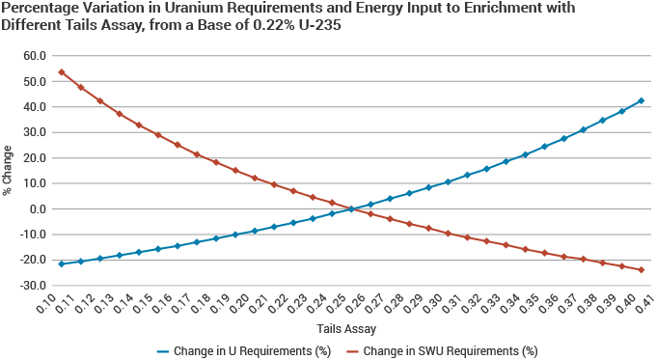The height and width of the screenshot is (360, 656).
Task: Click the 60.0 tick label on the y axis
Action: tap(35, 56)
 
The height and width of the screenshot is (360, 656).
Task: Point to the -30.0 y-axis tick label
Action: tap(33, 286)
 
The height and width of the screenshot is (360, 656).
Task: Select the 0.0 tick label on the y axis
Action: tap(38, 209)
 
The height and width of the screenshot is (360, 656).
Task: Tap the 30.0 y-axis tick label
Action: tap(35, 132)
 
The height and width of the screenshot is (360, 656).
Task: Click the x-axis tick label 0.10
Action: tap(46, 303)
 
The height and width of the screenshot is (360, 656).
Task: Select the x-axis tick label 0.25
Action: tap(336, 303)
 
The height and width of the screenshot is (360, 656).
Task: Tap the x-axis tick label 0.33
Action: tap(490, 303)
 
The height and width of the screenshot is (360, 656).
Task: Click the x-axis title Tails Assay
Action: tap(346, 329)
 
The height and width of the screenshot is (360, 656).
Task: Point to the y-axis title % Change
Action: tap(7, 171)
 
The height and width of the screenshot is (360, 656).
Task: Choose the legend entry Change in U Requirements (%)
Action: tap(244, 350)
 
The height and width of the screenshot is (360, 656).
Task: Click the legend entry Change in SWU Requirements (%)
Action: tap(443, 350)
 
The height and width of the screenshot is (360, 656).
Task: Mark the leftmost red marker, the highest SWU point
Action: tap(62, 72)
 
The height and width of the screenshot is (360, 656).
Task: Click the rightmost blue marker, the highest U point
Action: tap(641, 101)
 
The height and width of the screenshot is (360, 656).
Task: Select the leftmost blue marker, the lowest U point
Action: tap(62, 263)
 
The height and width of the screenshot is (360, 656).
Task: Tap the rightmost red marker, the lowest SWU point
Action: tap(641, 270)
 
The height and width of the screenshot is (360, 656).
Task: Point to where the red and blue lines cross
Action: tap(351, 208)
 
